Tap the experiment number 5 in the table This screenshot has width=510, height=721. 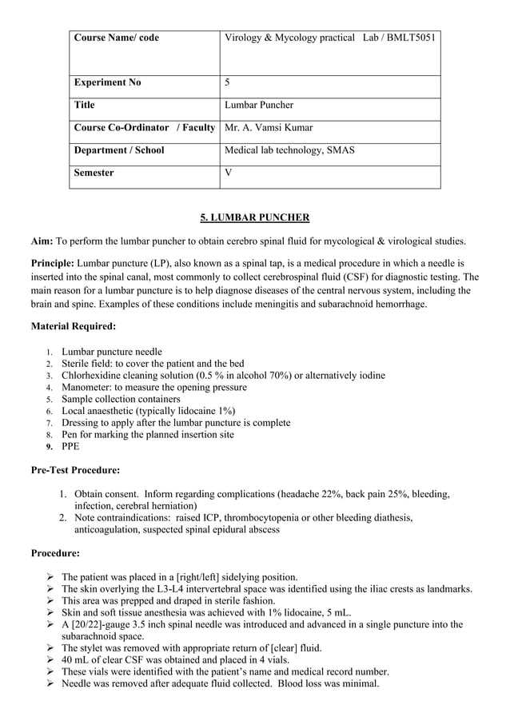click(x=228, y=82)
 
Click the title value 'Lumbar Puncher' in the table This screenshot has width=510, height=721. click(x=259, y=105)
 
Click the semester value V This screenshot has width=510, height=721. click(x=229, y=172)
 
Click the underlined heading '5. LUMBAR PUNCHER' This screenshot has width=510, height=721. click(x=254, y=217)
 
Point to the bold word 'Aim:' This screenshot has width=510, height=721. click(x=42, y=241)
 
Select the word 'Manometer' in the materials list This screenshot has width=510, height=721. click(x=86, y=387)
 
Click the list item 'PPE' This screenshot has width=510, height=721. click(x=70, y=446)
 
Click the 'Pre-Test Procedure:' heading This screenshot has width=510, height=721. click(x=75, y=470)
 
